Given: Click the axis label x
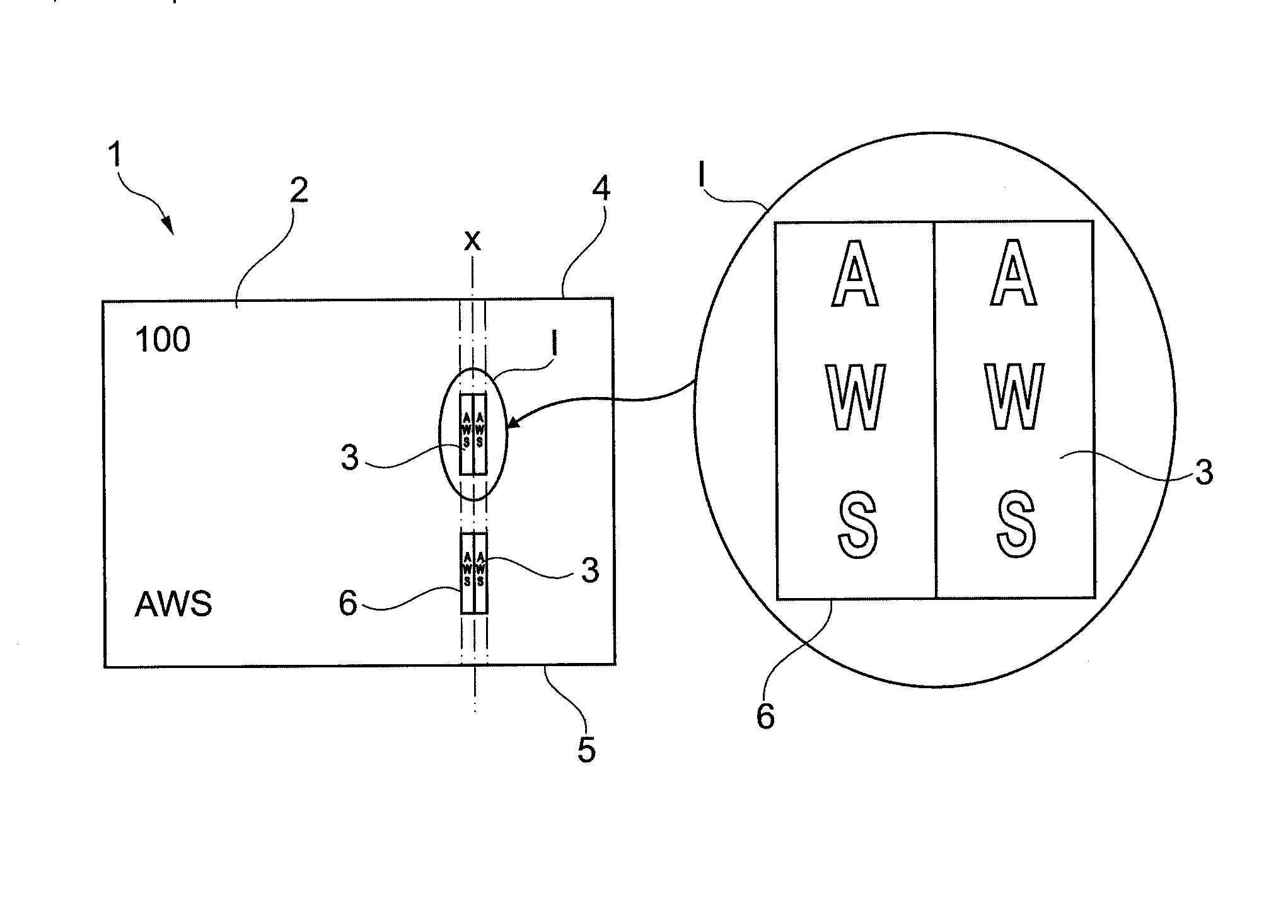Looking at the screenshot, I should (x=472, y=240).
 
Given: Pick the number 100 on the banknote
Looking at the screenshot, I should (x=163, y=340).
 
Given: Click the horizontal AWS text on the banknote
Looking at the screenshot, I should (x=173, y=604).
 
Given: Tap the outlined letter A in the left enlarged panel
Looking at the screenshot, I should (x=854, y=274).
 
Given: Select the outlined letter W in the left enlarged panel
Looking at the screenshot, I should (x=855, y=398).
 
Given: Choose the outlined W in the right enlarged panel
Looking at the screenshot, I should (x=1014, y=397).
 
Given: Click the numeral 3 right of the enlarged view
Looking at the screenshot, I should (x=1203, y=473).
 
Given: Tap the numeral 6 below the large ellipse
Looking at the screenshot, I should (x=765, y=717).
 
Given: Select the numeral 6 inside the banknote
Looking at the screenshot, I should (x=348, y=604).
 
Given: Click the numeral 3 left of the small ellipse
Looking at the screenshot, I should (x=349, y=458).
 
